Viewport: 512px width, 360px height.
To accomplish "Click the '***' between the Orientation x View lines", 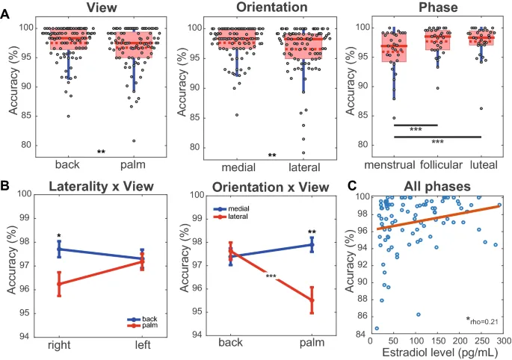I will (x=271, y=277).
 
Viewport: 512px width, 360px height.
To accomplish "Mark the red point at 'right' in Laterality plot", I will (x=58, y=284).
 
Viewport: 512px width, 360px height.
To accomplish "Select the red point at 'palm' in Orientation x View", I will (x=311, y=300).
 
